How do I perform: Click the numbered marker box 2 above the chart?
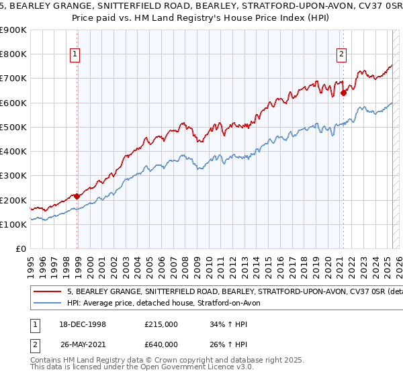(x=341, y=55)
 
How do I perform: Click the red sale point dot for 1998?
(x=77, y=197)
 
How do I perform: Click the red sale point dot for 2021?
(x=343, y=93)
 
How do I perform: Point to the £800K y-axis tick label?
(x=13, y=54)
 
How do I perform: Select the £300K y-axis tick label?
(x=13, y=176)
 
